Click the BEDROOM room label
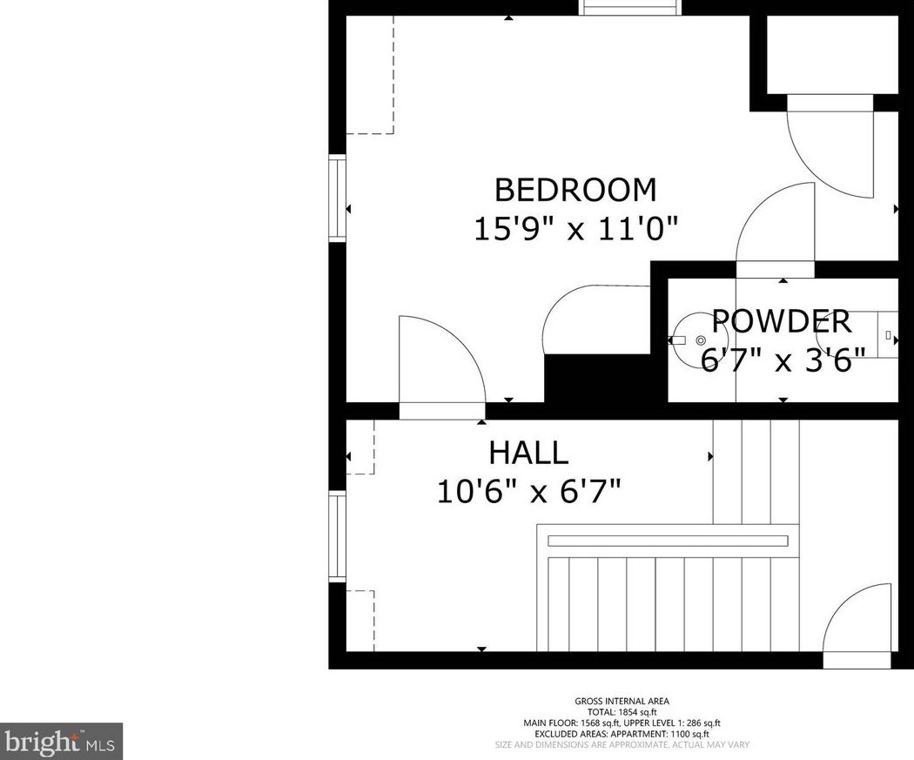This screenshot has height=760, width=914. tap(575, 190)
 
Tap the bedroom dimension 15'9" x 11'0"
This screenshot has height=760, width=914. tap(575, 229)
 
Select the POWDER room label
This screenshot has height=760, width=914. tap(782, 321)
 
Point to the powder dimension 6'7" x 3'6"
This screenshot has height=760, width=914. tap(783, 360)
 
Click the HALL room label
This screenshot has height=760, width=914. tap(528, 453)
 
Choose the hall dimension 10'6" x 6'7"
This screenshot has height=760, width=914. tap(528, 492)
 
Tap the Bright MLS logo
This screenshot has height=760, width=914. tap(61, 742)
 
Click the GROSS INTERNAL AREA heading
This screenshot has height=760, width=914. tap(622, 702)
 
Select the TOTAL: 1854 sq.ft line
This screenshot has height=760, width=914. tap(622, 712)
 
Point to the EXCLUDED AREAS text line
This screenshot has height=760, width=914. tap(622, 734)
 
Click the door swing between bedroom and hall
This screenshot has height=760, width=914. tap(440, 361)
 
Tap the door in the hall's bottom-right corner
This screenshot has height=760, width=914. tap(858, 622)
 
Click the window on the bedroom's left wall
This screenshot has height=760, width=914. tap(337, 198)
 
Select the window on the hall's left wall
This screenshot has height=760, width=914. tap(337, 535)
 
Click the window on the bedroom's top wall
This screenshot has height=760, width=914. tap(629, 8)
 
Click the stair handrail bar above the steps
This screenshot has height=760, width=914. tap(667, 541)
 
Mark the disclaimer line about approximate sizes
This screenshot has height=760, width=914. tap(622, 745)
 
